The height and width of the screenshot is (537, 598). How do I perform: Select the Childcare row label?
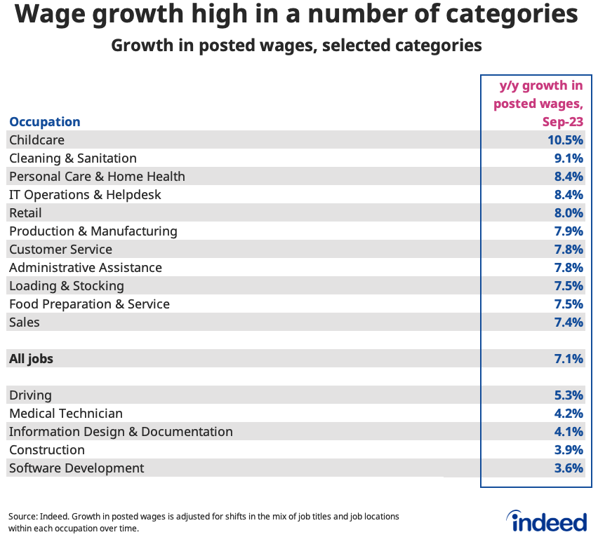pos(36,140)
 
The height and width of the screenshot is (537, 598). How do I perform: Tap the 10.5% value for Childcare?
pos(565,140)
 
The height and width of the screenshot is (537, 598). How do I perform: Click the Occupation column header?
pos(45,121)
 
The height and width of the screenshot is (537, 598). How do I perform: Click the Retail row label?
pos(25,213)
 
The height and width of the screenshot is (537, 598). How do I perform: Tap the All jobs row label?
pos(31,359)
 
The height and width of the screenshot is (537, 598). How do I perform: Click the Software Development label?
pos(77,468)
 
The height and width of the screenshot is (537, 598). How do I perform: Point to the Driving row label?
pos(30,395)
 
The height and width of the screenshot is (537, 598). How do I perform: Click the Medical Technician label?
pos(66,414)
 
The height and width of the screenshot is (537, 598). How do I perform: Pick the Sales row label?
pos(25,322)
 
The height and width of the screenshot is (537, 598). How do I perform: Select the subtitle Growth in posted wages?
pos(296,46)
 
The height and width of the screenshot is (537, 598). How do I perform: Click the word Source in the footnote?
pos(23,517)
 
